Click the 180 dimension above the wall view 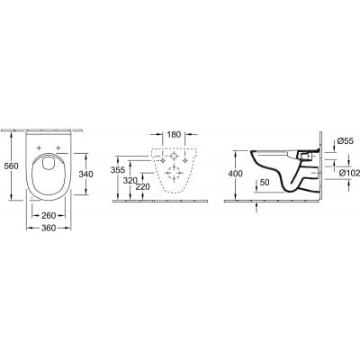pyautogui.click(x=175, y=136)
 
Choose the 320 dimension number pyautogui.click(x=131, y=180)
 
